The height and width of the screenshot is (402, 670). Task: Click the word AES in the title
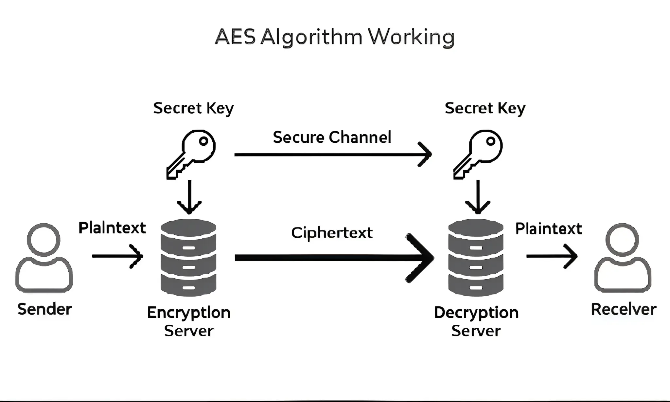(x=235, y=37)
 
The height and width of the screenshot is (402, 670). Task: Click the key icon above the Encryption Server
(x=191, y=154)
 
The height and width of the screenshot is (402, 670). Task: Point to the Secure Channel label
(x=332, y=137)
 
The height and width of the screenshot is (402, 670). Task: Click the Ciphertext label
(x=332, y=233)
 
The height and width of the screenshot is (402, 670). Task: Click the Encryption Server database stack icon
(x=188, y=258)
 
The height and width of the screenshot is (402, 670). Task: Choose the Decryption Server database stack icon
(x=476, y=258)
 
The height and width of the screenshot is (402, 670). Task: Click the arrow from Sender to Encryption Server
(x=117, y=256)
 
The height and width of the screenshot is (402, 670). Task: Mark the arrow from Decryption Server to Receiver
(x=551, y=256)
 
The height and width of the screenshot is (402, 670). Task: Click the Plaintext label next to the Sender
(x=112, y=228)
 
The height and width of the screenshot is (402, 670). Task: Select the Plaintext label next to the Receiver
(x=549, y=228)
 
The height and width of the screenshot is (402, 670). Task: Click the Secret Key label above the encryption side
(x=193, y=108)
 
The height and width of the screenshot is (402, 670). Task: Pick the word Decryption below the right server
(x=476, y=313)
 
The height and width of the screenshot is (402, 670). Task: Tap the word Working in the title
(x=411, y=37)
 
